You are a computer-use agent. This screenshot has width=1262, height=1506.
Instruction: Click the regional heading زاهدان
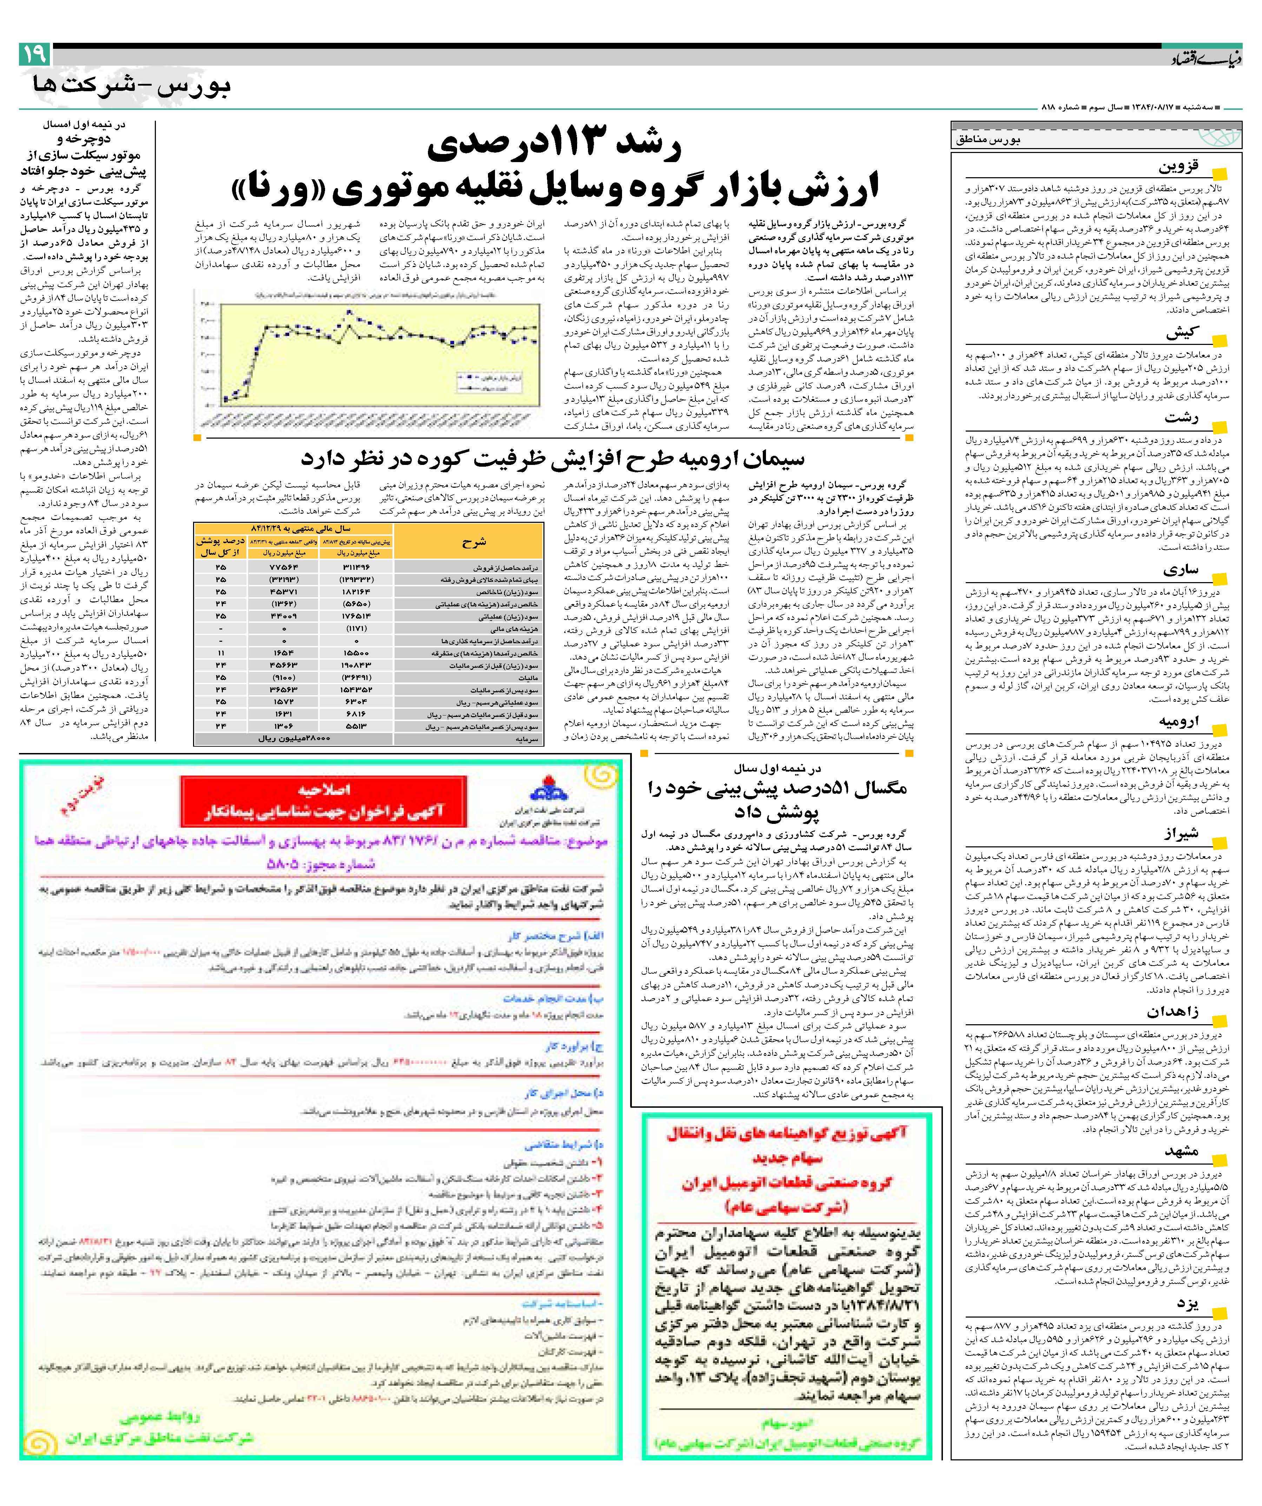[x=1171, y=1012]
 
